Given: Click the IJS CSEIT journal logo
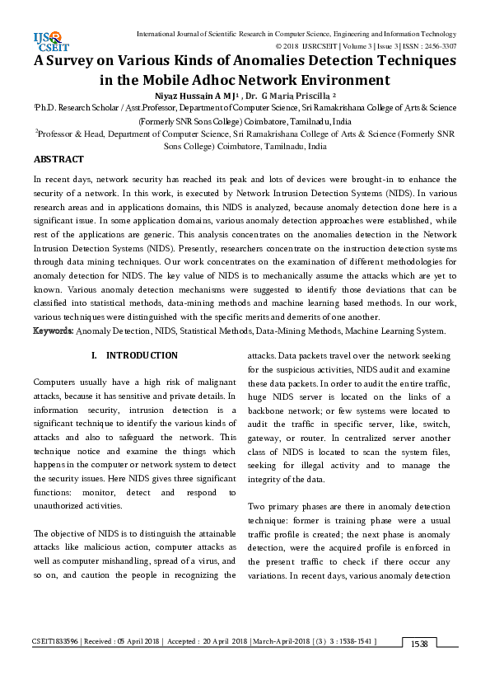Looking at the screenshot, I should (47, 39).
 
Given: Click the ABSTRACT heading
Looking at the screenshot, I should (58, 158).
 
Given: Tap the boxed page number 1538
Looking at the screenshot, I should (419, 665).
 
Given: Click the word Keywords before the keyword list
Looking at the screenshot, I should (54, 331).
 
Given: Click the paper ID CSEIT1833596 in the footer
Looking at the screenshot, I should (56, 664).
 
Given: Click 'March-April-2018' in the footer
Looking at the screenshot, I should (280, 664).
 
